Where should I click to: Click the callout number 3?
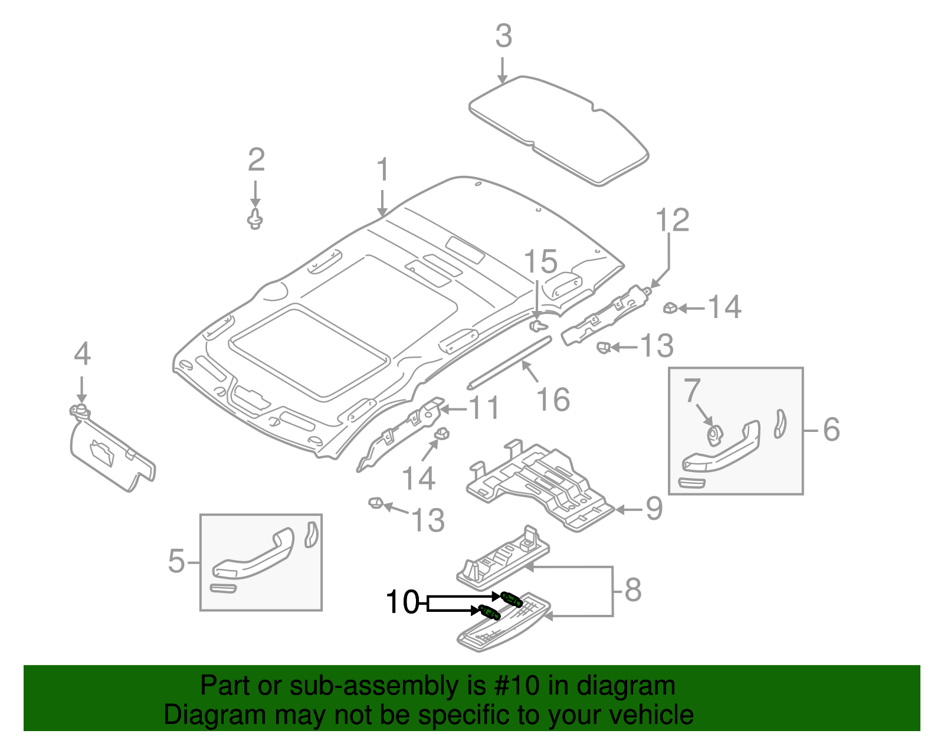coord(504,36)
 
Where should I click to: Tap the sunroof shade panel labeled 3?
coord(559,130)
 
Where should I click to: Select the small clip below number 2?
coord(255,218)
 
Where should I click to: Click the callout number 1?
coord(383,169)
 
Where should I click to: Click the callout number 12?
coord(672,220)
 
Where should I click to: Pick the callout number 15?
coord(541,261)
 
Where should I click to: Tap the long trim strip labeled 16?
coord(510,362)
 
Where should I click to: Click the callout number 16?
coord(553,399)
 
